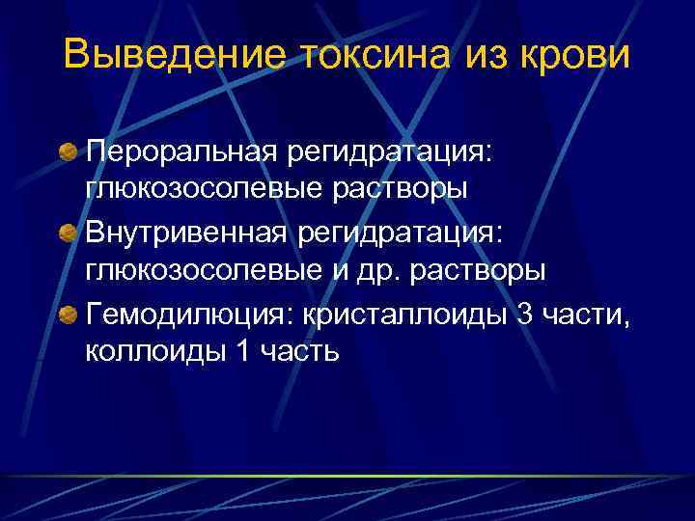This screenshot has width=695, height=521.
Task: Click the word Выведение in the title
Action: coord(174,55)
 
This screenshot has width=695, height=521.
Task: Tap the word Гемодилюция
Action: coord(189,315)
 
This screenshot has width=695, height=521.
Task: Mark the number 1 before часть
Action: coord(241,351)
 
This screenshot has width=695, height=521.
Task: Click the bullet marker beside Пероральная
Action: coord(69,151)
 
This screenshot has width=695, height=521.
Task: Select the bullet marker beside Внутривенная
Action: coord(69,233)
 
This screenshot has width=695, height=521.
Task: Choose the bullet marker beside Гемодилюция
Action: coord(69,315)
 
